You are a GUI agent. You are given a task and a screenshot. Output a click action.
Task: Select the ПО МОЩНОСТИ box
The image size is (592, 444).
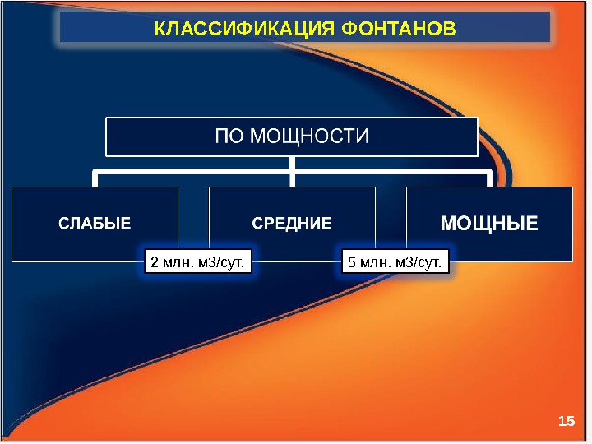tap(292, 136)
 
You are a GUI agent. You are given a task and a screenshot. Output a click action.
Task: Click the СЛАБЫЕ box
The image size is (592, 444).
tap(95, 224)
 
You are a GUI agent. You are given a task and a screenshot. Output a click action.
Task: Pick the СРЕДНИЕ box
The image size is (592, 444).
tap(292, 224)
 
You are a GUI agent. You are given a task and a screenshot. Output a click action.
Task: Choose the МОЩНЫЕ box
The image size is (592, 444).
tap(489, 224)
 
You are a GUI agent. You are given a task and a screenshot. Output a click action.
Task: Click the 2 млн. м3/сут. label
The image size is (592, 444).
tap(197, 262)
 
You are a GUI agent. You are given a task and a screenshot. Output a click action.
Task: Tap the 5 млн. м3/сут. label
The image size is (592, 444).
tap(395, 262)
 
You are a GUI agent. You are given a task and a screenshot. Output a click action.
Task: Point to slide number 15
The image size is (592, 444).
tap(565, 421)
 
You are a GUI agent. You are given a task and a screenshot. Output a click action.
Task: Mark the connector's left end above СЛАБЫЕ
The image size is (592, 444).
tap(95, 180)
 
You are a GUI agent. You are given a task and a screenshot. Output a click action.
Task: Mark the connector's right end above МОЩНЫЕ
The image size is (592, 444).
tap(489, 180)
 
